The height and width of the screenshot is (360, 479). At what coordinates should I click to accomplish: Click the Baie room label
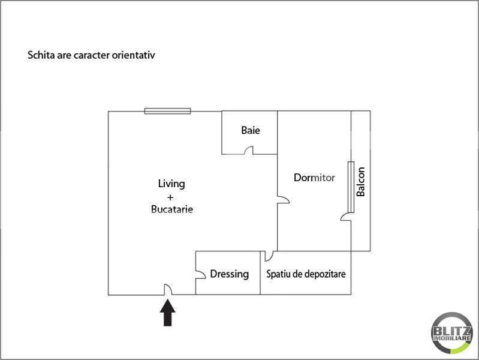pos(251,130)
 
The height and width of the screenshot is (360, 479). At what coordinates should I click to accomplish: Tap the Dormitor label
pos(314,178)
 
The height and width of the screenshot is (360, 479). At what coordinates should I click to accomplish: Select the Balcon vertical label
pos(361,182)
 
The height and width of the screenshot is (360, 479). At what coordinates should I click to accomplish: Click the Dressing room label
pos(230,274)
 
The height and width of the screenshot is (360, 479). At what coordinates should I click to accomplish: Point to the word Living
pos(171,184)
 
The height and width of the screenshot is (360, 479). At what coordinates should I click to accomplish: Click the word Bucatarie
pos(172,209)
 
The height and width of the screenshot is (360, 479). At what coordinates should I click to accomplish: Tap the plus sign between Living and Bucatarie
pos(170,197)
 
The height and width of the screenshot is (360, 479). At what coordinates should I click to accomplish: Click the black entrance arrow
pos(168,313)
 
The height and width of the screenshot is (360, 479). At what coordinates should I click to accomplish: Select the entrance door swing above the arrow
pos(168,289)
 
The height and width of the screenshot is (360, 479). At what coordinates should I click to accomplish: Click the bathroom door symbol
pos(249,150)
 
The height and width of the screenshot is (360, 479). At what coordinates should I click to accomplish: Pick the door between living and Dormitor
pos(284,200)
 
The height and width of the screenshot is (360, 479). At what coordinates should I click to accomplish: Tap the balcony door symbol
pos(346,217)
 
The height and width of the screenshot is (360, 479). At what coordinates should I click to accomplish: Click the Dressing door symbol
pos(200,274)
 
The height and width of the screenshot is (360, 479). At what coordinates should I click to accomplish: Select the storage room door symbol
pos(269,256)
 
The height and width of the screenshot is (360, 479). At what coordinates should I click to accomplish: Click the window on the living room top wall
pos(168,111)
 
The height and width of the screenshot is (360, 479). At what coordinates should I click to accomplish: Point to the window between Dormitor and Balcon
pos(351,187)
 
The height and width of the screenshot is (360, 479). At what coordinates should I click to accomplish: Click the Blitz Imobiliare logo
pos(451,333)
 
